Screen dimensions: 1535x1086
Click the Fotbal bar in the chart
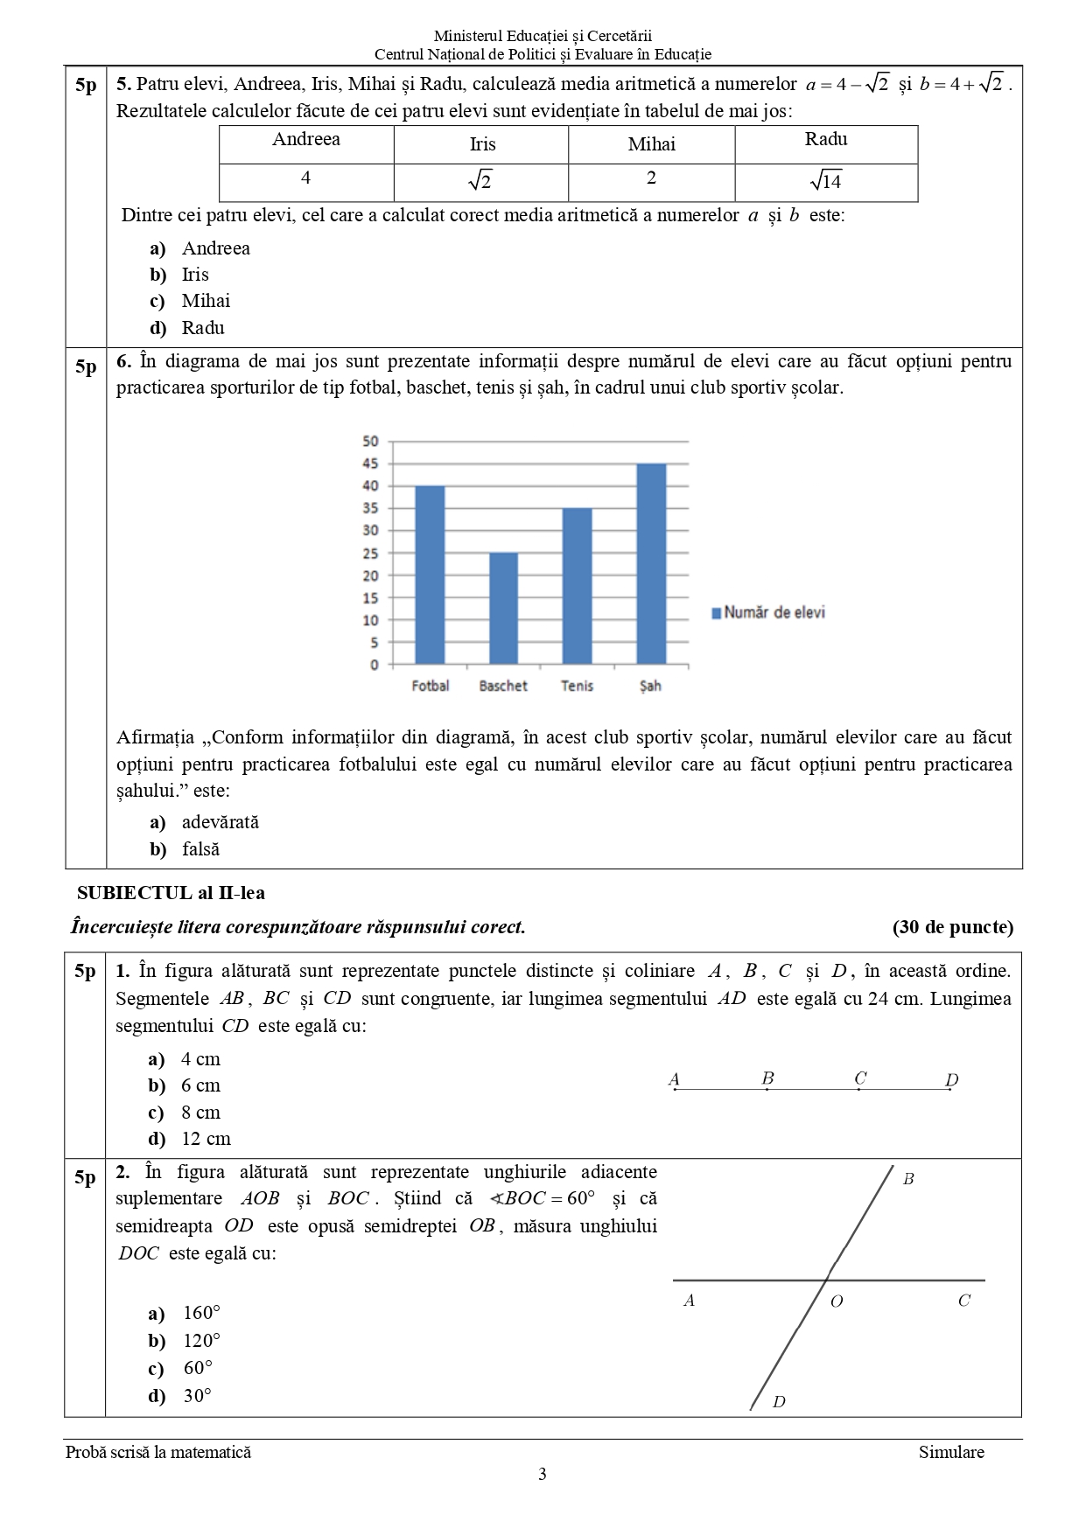(x=430, y=576)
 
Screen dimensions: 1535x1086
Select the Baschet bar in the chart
(x=503, y=609)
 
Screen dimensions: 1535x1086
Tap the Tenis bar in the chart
(x=577, y=586)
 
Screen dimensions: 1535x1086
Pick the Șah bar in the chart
(x=651, y=564)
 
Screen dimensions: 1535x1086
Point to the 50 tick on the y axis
(x=371, y=441)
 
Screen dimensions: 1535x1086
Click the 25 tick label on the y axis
(x=371, y=553)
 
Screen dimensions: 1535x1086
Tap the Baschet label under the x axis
(x=503, y=687)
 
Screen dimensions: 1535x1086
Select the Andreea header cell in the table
(x=306, y=140)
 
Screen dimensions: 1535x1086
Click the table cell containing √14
(x=826, y=182)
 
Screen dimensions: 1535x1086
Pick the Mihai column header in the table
(x=652, y=144)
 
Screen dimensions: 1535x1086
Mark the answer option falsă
(x=200, y=849)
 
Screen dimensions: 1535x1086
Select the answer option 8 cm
(x=200, y=1113)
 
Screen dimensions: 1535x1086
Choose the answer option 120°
(x=201, y=1341)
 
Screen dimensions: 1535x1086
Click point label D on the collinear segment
(x=952, y=1079)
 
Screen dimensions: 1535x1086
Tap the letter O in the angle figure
(x=837, y=1301)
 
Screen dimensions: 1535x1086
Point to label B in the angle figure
(x=908, y=1179)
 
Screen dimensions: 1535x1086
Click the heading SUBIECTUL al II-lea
(x=171, y=893)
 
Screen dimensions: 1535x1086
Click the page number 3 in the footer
(x=543, y=1475)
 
